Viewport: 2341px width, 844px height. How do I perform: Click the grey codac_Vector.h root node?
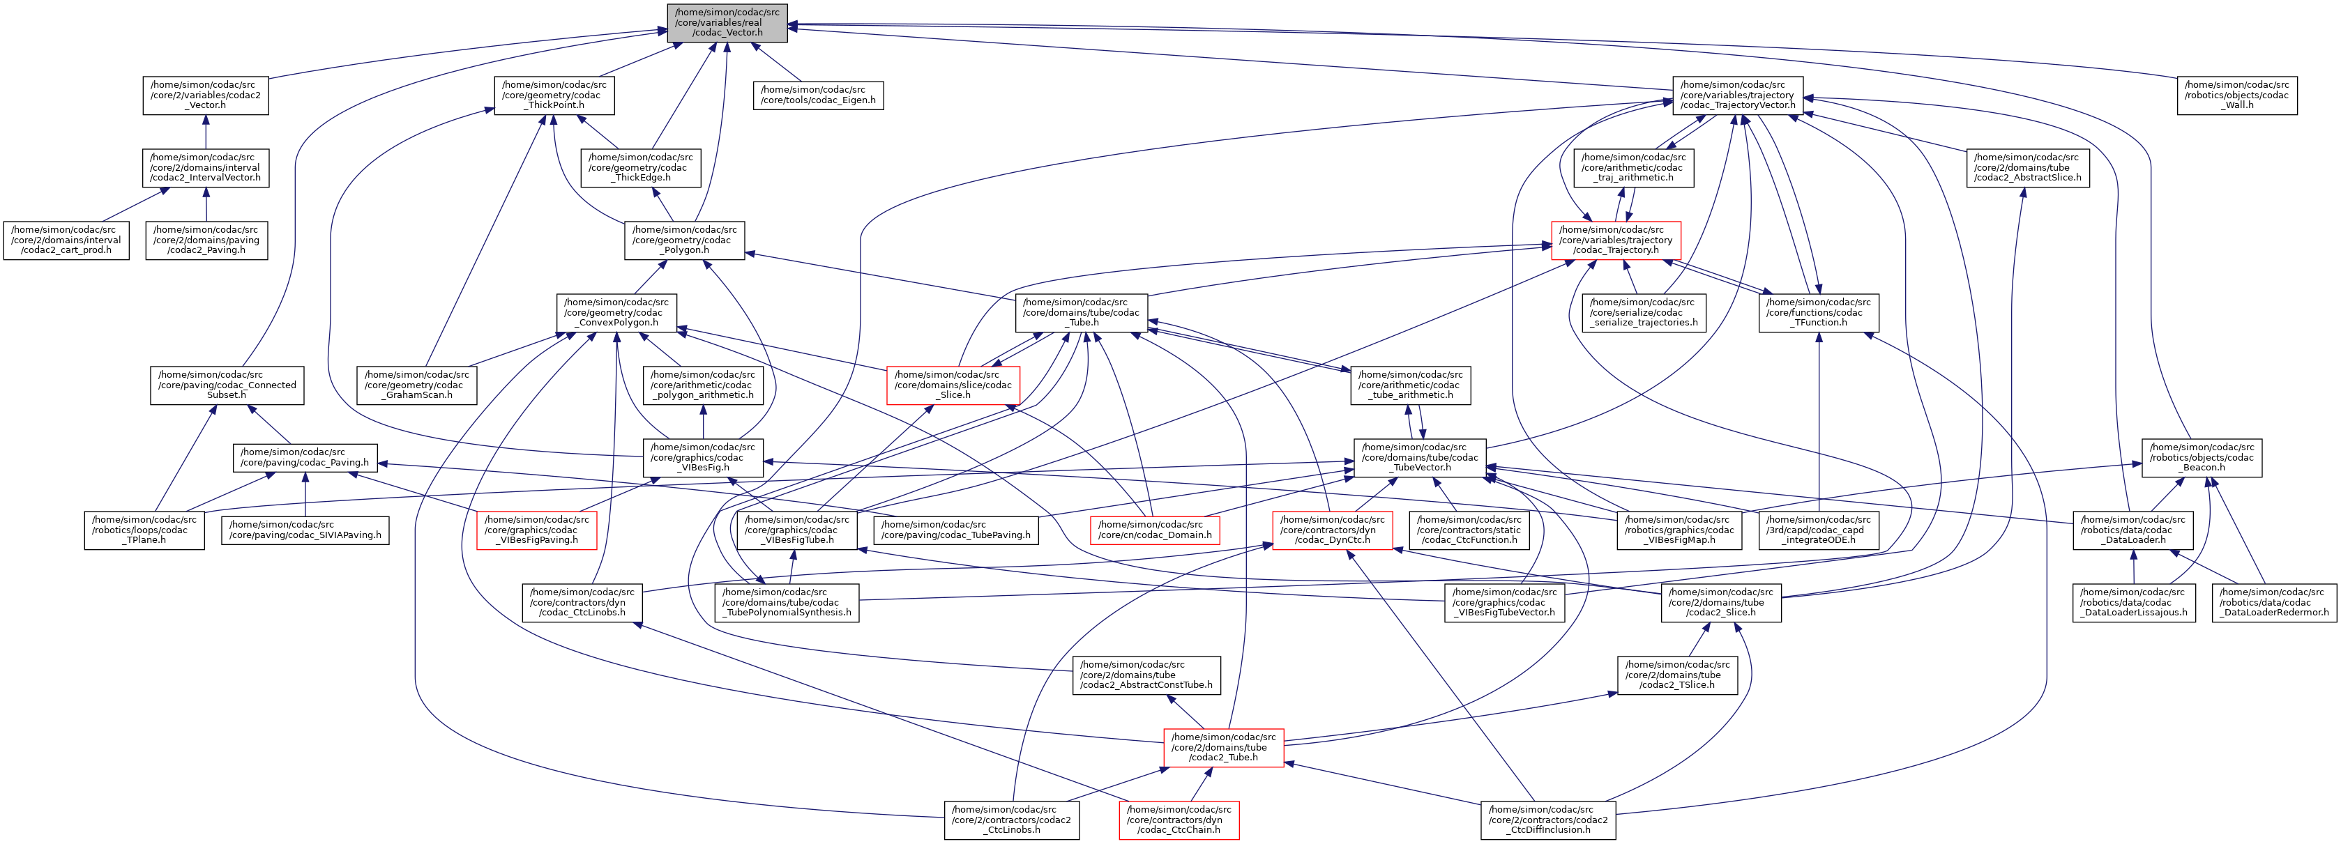coord(727,23)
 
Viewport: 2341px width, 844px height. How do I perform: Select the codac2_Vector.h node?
coord(206,95)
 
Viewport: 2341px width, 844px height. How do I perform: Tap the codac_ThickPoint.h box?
coord(554,95)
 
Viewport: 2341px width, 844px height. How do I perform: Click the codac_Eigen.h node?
coord(818,95)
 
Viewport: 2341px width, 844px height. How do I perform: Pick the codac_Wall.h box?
coord(2236,95)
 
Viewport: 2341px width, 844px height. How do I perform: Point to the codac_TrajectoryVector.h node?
coord(1738,95)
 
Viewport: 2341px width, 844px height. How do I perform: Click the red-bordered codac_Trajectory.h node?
coord(1615,240)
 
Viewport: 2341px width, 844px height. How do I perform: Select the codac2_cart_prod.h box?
coord(63,240)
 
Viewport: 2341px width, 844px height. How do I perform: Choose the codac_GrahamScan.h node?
coord(417,385)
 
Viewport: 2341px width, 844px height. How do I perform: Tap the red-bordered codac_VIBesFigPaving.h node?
coord(536,530)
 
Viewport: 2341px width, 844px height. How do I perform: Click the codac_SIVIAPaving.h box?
coord(305,530)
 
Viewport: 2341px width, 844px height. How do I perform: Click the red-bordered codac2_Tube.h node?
coord(1223,747)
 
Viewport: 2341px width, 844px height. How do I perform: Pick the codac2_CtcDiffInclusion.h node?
coord(1547,820)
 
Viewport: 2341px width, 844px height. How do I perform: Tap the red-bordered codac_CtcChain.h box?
coord(1179,820)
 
